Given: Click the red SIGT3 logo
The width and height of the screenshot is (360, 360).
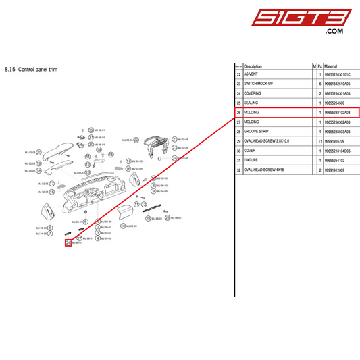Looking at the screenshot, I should [312, 18].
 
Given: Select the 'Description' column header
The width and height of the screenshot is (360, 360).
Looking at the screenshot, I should [253, 66].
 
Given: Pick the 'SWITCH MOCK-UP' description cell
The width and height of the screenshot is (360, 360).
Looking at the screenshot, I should [260, 84].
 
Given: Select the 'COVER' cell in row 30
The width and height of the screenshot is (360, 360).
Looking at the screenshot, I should [251, 151].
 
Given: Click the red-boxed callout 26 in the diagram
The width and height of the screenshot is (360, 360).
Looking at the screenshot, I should [68, 242].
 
